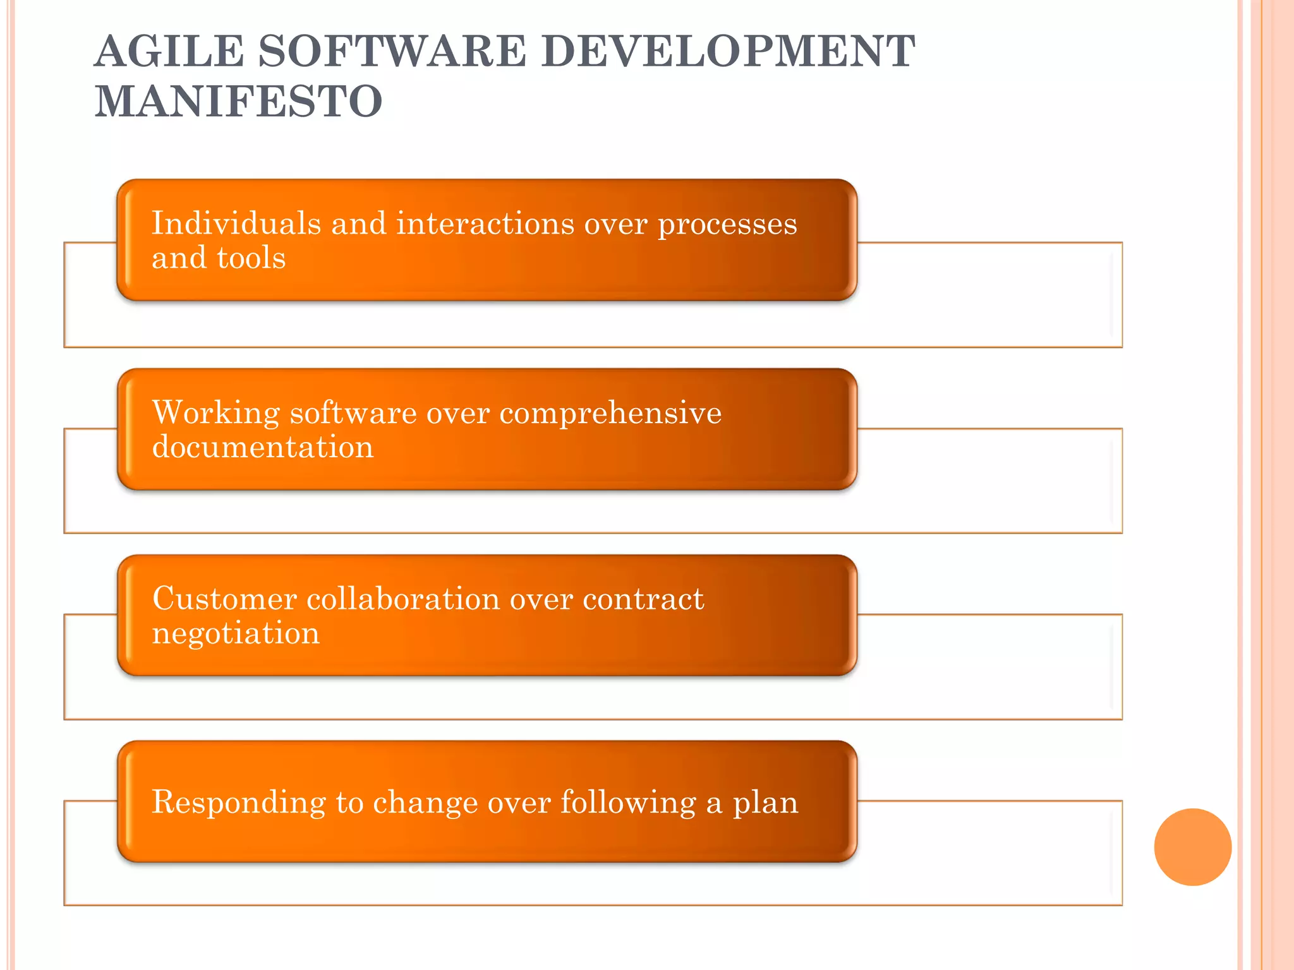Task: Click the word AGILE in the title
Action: point(169,51)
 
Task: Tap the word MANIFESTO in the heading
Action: point(238,102)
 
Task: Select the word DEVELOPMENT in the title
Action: point(728,51)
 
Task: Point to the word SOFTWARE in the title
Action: point(392,51)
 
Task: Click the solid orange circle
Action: point(1192,847)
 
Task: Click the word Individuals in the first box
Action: point(236,224)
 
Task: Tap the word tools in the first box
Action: point(251,258)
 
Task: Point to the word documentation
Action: point(263,447)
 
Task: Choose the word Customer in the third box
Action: point(224,599)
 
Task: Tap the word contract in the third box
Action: point(643,599)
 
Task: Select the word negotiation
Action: point(236,633)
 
